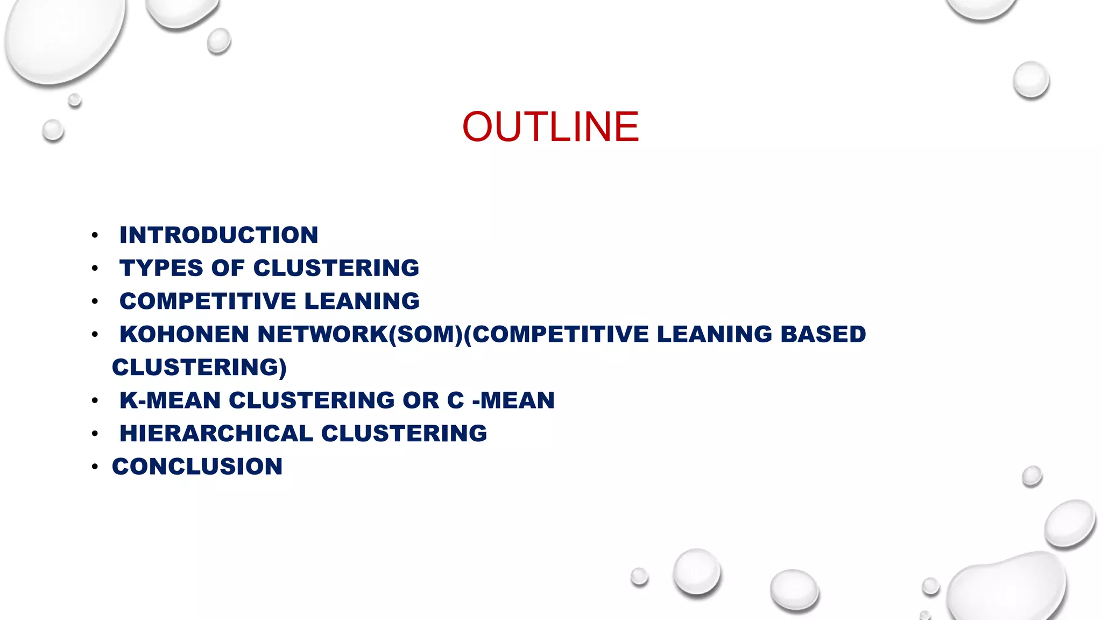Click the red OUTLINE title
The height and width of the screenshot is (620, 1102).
(550, 127)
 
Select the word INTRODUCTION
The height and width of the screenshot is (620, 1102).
(218, 235)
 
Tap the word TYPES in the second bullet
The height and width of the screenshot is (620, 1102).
(161, 268)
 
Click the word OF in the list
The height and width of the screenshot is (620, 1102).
(228, 268)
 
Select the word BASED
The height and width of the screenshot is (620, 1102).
(823, 334)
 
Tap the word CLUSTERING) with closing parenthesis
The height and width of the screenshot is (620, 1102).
(199, 368)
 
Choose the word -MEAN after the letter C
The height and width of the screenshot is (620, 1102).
(513, 400)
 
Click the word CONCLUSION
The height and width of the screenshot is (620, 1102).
(197, 467)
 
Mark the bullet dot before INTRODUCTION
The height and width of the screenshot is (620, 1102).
(95, 235)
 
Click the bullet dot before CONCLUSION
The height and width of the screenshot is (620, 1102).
(95, 467)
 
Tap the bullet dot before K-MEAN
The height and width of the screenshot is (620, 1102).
(95, 400)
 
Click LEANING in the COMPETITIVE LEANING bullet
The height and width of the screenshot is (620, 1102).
(362, 301)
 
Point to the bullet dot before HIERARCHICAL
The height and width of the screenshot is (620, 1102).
(95, 434)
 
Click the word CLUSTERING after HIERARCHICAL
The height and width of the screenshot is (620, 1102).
(404, 434)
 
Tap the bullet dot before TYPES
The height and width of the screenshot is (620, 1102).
(95, 268)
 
